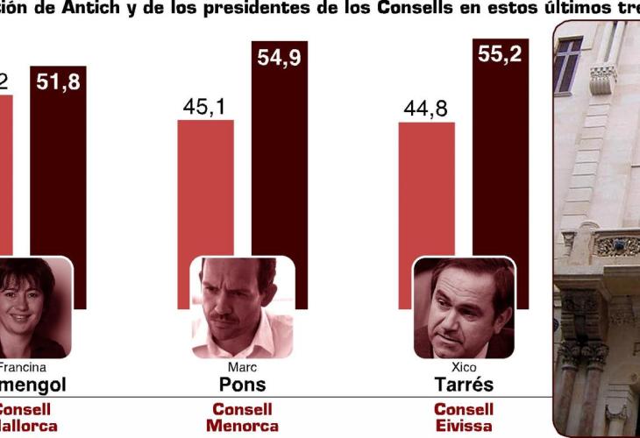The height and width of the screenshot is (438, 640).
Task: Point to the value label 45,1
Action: click(205, 107)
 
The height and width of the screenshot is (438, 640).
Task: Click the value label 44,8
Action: click(426, 109)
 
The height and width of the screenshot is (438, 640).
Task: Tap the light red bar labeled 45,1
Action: click(205, 188)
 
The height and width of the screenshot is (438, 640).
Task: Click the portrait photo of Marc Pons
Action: click(242, 307)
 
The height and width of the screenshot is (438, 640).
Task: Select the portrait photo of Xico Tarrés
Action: click(464, 307)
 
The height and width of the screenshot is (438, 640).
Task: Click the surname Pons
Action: click(242, 385)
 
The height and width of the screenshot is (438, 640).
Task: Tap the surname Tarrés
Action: click(464, 385)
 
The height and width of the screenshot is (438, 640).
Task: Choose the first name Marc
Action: click(242, 367)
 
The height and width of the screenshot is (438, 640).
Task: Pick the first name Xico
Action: click(464, 367)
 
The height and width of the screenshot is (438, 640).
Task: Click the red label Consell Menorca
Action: click(242, 417)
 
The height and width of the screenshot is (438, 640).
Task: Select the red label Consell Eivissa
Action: click(464, 417)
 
